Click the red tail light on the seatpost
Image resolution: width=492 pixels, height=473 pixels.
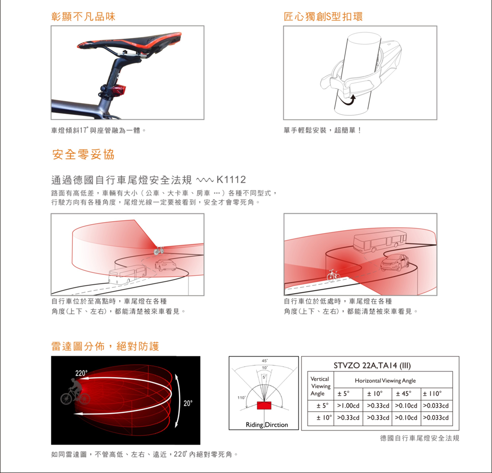click(119, 91)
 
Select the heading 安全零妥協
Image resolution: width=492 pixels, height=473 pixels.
click(84, 154)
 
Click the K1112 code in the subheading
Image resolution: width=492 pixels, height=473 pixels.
click(231, 180)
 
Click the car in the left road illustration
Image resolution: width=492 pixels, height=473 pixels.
click(165, 265)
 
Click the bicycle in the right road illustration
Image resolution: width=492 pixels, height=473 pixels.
click(333, 275)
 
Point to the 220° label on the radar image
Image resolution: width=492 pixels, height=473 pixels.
click(81, 373)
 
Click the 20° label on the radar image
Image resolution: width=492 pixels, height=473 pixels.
click(188, 403)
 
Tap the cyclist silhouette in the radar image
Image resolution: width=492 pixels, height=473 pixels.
click(75, 392)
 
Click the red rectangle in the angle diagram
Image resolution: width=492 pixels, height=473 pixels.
click(264, 405)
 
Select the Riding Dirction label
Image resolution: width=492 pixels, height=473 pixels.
click(267, 425)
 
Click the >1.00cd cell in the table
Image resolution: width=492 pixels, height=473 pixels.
click(348, 405)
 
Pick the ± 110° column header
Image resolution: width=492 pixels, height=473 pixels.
click(432, 394)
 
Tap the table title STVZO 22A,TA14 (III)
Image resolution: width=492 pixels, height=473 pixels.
click(372, 366)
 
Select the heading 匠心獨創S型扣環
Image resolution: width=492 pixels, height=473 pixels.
click(323, 17)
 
